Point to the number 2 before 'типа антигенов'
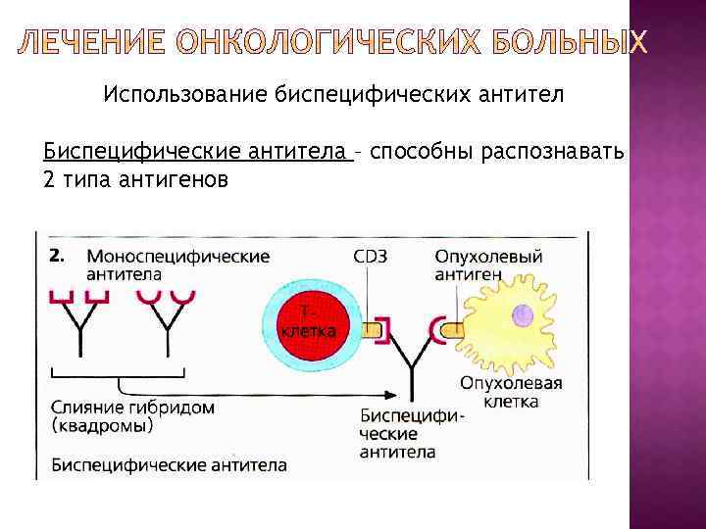pos(50,179)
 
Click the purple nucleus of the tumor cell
pos(522,315)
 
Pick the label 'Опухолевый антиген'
pos(488,264)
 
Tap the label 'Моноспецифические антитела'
pos(177,264)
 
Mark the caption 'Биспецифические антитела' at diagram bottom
pos(169,463)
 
